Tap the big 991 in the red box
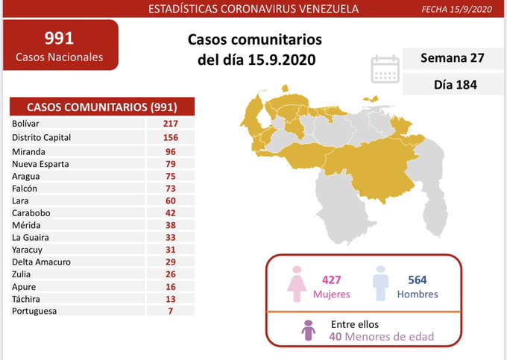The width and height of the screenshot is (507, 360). coord(60,38)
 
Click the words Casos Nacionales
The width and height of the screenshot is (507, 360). coord(60,57)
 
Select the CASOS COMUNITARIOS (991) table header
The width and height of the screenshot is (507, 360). coord(101,107)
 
